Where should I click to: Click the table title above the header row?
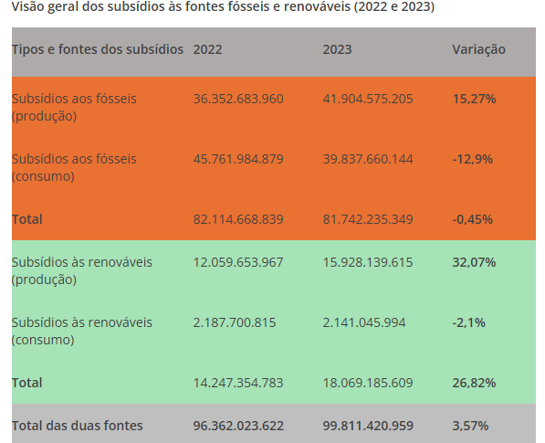click(x=223, y=6)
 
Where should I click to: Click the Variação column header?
click(x=478, y=49)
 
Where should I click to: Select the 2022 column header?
click(x=207, y=49)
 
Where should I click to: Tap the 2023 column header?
click(x=337, y=49)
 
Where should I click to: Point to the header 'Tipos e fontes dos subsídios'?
click(x=98, y=49)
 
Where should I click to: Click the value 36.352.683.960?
click(x=238, y=99)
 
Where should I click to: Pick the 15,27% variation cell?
click(x=474, y=99)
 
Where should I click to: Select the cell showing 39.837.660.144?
click(x=368, y=159)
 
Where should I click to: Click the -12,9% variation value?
click(x=473, y=159)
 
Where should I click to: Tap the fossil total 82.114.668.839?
click(x=238, y=219)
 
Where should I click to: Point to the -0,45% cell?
click(x=473, y=220)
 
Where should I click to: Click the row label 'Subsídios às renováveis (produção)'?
click(x=82, y=271)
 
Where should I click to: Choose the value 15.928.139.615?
click(x=368, y=262)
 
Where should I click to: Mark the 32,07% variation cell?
click(x=474, y=262)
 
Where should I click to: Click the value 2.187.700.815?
click(x=235, y=322)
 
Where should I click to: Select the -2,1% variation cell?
click(x=469, y=323)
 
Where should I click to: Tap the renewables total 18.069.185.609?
click(x=368, y=383)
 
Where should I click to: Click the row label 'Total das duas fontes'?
click(x=78, y=426)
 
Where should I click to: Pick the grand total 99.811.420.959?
click(x=368, y=426)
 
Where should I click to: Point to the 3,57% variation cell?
click(x=471, y=426)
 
